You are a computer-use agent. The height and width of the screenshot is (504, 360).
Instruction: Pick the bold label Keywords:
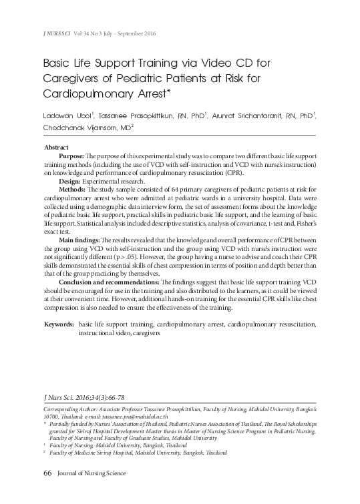click(x=58, y=324)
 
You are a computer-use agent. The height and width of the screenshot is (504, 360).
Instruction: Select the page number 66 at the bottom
click(x=47, y=473)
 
